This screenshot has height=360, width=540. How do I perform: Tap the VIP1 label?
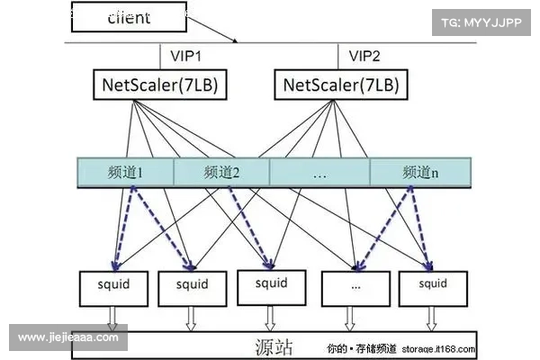186,56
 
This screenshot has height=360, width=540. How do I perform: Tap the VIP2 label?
364,56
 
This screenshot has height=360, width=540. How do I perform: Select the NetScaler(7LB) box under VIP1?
159,85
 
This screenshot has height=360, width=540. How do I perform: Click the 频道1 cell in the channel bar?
125,172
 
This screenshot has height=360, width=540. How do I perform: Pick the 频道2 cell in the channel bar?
221,172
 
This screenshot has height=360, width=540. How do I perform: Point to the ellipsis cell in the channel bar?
319,172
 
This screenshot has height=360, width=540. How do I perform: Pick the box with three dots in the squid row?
355,285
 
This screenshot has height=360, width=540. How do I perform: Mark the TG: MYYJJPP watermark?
481,22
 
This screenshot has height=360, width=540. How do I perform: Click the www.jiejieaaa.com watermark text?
68,337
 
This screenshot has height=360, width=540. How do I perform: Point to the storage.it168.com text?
438,347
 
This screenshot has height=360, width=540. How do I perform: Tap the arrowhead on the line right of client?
235,40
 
